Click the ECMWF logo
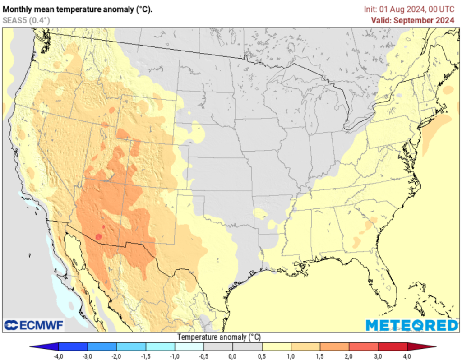(34, 325)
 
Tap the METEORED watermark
(411, 325)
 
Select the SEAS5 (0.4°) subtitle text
(26, 20)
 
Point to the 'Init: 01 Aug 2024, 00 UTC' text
(410, 9)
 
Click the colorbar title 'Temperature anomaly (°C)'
(219, 337)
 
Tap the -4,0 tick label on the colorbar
(58, 356)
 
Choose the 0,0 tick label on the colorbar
(233, 356)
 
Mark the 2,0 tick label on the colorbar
(349, 356)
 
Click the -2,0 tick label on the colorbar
(116, 356)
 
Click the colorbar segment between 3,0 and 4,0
(393, 346)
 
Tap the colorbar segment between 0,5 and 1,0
(277, 346)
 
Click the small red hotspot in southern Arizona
(98, 237)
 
